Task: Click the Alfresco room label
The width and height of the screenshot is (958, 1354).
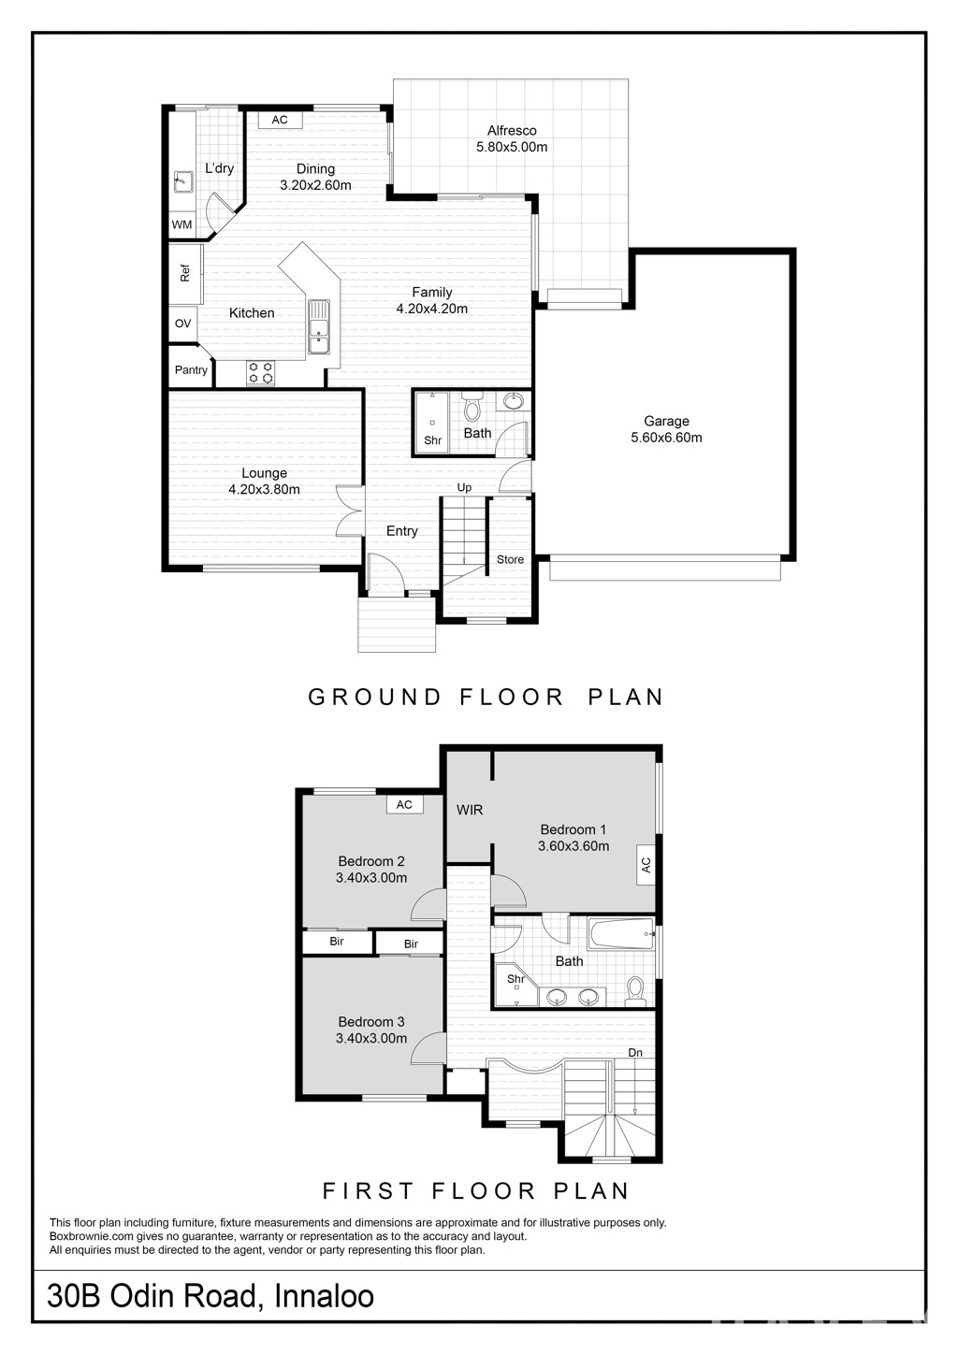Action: [512, 130]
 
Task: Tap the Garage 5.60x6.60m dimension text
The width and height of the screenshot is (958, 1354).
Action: [666, 438]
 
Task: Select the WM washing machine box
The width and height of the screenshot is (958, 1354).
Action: [182, 224]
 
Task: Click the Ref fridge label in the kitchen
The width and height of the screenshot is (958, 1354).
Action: [185, 273]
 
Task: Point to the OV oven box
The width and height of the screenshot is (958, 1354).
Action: [182, 324]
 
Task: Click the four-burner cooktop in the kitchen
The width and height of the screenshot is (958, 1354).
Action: [261, 372]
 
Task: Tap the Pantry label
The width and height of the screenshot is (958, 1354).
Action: [191, 370]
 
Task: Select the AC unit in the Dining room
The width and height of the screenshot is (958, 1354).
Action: [280, 120]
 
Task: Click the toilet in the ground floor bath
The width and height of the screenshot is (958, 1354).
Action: [472, 407]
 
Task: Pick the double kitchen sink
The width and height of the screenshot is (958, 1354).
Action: [319, 326]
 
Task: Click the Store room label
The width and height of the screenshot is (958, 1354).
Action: [511, 560]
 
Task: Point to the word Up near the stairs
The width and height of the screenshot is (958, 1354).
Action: [464, 487]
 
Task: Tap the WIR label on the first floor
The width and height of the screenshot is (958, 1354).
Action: [470, 810]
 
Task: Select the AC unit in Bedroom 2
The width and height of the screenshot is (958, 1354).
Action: [404, 804]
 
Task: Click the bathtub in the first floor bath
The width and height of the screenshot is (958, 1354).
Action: [621, 934]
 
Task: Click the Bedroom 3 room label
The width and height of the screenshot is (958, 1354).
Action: [371, 1021]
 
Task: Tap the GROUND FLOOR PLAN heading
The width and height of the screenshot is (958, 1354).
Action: [486, 697]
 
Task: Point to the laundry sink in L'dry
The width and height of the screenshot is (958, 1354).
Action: [182, 180]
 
